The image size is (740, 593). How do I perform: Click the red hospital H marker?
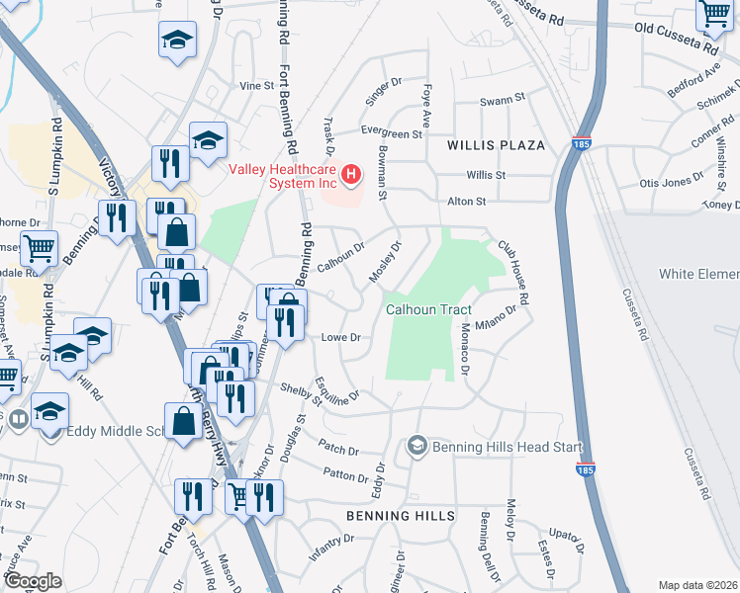(351, 176)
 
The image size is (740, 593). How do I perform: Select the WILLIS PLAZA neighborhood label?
(496, 145)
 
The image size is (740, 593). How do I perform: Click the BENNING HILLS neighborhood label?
(401, 516)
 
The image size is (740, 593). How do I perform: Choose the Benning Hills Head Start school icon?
(416, 448)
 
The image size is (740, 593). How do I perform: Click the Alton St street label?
(467, 201)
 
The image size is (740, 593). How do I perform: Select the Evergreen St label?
(391, 133)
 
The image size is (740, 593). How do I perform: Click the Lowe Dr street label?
(339, 337)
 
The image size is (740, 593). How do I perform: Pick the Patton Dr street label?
(345, 475)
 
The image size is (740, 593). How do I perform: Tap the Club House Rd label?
(513, 272)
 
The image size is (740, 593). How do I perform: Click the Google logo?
(34, 581)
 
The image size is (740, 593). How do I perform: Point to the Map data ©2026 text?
(697, 585)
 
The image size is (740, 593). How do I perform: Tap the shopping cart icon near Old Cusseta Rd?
(712, 15)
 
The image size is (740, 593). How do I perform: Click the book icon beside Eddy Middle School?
(17, 420)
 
